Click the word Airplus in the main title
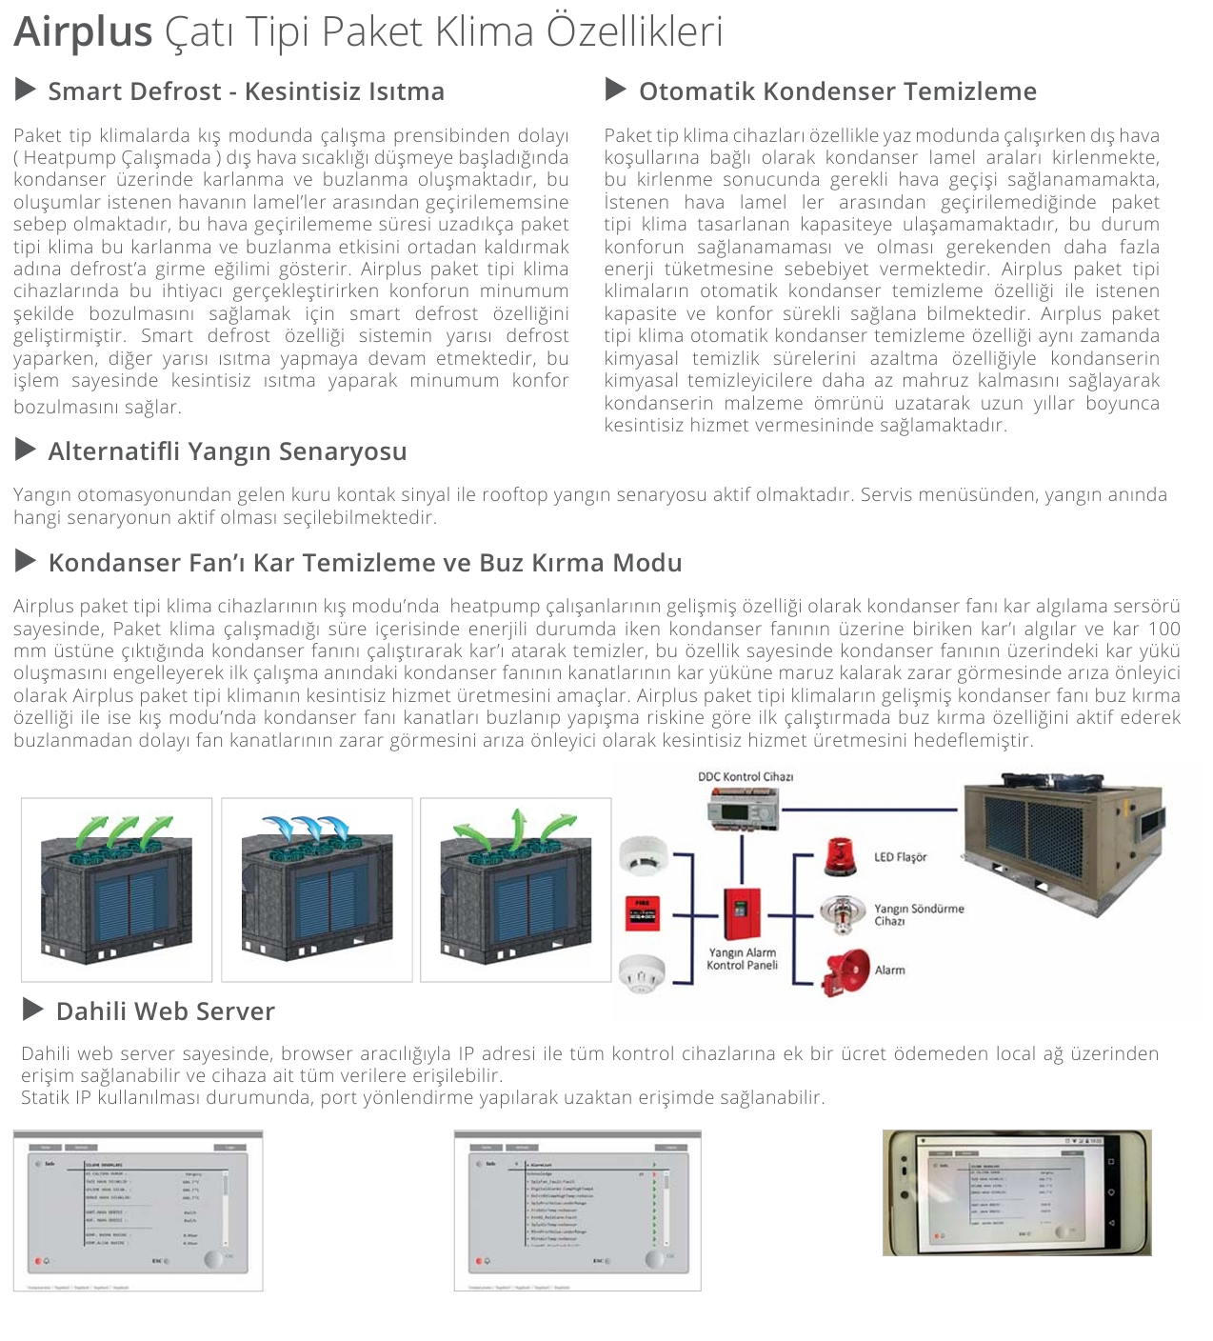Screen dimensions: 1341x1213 (x=83, y=31)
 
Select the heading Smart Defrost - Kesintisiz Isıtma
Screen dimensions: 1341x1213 (x=246, y=91)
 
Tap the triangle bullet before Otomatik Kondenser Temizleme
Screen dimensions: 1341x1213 (x=616, y=90)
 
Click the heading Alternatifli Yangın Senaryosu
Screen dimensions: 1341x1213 (x=227, y=451)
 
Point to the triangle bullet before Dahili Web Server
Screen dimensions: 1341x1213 (x=33, y=1010)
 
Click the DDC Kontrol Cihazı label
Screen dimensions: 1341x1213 (x=746, y=776)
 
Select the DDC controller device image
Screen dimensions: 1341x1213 (x=743, y=812)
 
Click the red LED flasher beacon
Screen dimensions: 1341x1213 (x=841, y=857)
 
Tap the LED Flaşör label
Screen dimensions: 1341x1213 (x=900, y=857)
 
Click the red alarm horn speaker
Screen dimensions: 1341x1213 (x=845, y=971)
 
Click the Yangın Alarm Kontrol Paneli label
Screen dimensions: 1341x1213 (x=742, y=959)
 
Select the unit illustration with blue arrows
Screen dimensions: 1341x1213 (x=316, y=889)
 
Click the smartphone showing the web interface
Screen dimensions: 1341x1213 (x=1017, y=1192)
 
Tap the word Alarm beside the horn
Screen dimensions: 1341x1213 (x=889, y=970)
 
